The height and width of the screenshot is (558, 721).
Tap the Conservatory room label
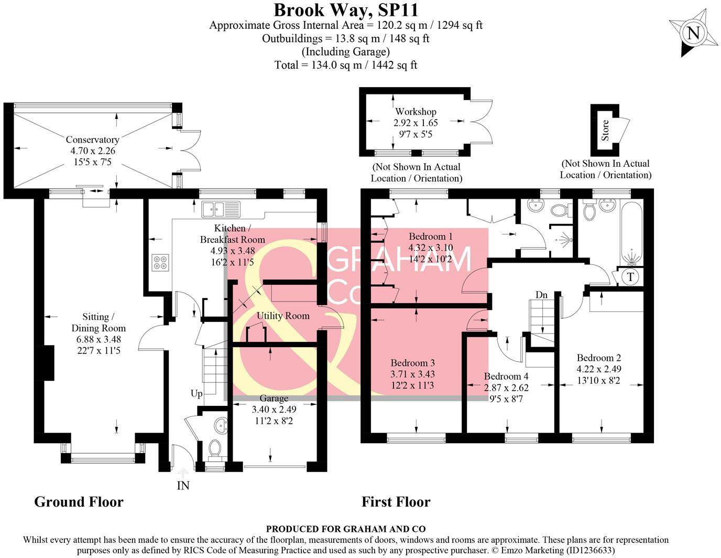pos(92,139)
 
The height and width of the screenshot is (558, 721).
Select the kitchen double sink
pos(221,209)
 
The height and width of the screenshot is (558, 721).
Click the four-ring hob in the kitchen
pos(160,262)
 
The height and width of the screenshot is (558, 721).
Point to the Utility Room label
pos(283,316)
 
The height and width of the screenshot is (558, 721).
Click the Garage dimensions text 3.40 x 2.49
pos(274,410)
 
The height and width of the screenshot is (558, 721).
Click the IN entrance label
pos(183,486)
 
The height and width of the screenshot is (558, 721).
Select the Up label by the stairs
pos(196,393)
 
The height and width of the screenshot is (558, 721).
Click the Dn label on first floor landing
pos(541,295)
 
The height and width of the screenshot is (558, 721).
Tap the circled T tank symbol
pos(630,276)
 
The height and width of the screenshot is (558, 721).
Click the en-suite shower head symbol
pos(564,241)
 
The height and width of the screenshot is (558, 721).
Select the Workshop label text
pos(416,112)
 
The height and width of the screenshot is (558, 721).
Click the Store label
pos(605,130)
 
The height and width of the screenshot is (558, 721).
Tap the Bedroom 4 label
pos(506,376)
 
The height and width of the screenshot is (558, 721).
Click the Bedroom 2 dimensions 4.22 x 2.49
pos(599,369)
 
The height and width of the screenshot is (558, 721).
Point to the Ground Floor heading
pos(79,502)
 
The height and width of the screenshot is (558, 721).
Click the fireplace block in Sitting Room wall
pos(48,362)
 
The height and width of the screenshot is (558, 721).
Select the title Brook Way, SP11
pos(346,10)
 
